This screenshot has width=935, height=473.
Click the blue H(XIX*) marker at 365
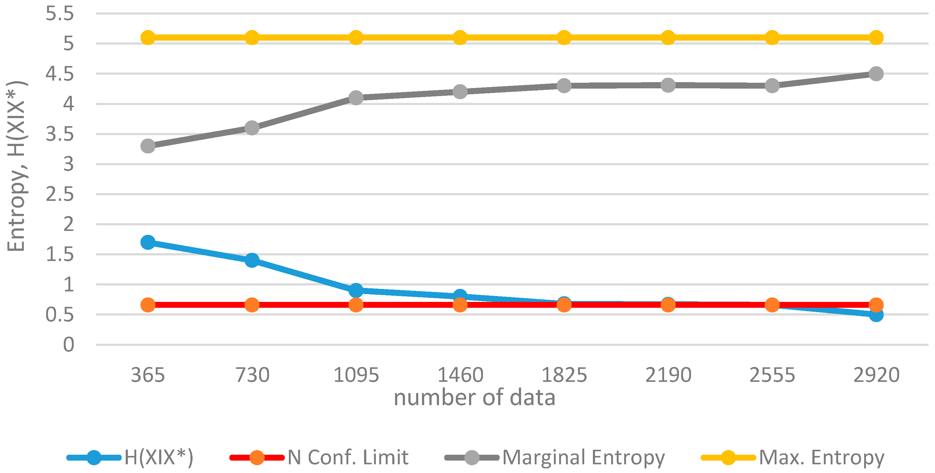148,242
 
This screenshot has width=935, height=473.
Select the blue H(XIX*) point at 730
252,260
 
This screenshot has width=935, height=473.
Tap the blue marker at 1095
356,290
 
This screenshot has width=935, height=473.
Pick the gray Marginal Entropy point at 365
148,146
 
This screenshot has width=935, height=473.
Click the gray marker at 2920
876,74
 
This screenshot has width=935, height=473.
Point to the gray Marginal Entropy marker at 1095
356,98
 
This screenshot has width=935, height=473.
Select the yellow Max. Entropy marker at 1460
460,38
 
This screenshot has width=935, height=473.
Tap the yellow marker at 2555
772,38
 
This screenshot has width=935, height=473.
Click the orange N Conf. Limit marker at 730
252,305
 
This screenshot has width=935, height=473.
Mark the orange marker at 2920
876,305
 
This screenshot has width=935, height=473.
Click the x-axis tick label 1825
564,375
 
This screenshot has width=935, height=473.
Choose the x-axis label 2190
668,375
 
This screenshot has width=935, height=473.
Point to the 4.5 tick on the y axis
59,74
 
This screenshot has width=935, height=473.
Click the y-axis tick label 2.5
59,194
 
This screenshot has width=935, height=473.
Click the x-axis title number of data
474,397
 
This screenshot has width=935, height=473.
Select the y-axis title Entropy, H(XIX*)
16,166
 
